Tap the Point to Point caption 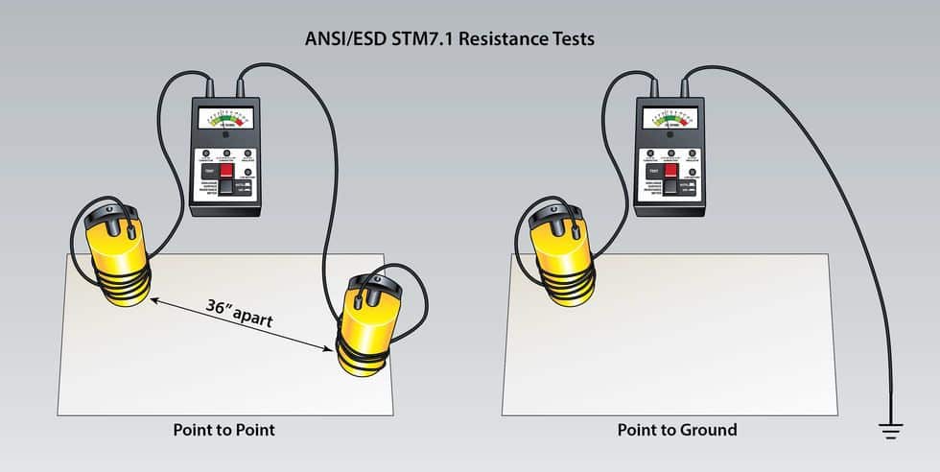coord(223,429)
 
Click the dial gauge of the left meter coord(224,119)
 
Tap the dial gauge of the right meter coord(670,119)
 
